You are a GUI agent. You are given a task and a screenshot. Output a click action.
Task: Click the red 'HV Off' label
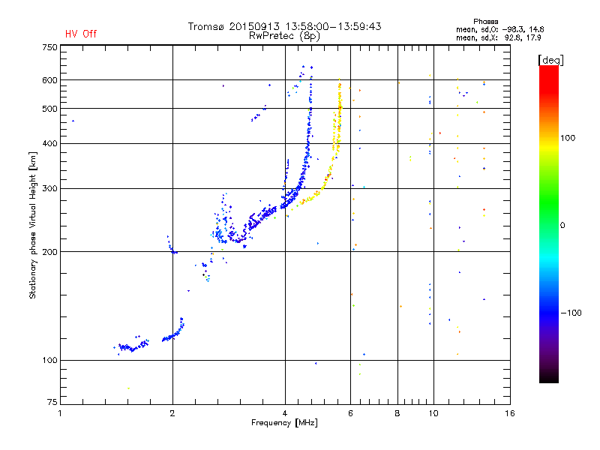pos(81,34)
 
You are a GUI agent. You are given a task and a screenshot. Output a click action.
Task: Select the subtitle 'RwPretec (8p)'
pos(284,36)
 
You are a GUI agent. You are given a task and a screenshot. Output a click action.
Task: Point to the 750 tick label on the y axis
pos(49,47)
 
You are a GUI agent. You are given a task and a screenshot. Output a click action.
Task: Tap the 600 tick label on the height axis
pos(49,80)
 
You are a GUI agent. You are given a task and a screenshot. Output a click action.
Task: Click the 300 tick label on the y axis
pos(49,189)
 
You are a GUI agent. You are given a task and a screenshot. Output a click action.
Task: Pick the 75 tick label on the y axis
pos(52,402)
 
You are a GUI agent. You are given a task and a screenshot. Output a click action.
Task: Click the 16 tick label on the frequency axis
pos(510,414)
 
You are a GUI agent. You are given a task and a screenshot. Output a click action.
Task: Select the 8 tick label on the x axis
pos(397,414)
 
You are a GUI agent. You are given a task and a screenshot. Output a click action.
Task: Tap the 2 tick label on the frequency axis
pos(172,414)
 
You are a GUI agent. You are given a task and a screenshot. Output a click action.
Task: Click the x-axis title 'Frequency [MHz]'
pos(285,423)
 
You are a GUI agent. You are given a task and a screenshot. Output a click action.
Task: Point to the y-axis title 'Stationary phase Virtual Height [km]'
pos(33,226)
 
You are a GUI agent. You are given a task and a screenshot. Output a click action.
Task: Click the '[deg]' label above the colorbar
pos(550,60)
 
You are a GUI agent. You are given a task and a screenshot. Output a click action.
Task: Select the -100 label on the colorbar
pos(571,313)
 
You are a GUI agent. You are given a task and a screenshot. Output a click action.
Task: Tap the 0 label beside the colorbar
pos(562,226)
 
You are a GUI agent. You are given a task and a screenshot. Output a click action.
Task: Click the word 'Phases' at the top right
pos(486,22)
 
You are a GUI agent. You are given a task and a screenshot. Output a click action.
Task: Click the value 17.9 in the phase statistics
pos(533,38)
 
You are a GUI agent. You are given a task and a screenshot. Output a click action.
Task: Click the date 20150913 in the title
pos(254,26)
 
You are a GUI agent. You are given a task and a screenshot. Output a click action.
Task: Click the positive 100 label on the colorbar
pos(568,138)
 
